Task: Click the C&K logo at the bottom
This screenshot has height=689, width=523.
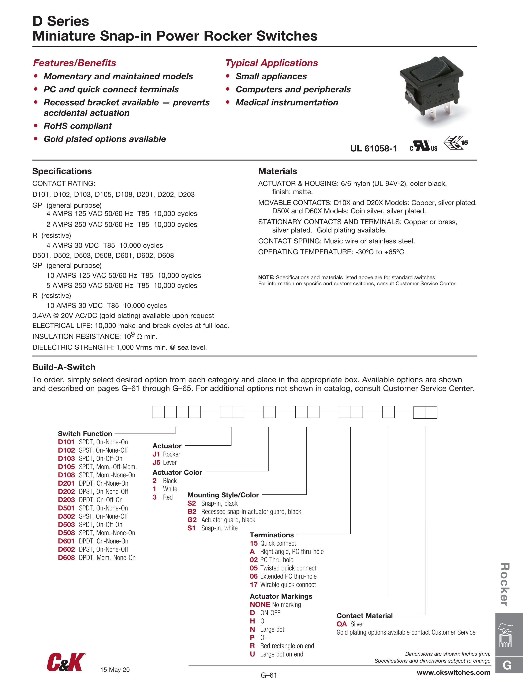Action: tap(66, 662)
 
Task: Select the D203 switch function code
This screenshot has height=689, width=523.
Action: tap(66, 500)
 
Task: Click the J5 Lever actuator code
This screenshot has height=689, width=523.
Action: tap(156, 462)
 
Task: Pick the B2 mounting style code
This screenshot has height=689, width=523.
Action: tap(192, 511)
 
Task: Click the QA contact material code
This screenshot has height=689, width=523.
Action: tap(342, 624)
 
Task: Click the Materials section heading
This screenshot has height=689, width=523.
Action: tap(277, 171)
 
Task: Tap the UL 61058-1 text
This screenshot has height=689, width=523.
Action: tap(373, 148)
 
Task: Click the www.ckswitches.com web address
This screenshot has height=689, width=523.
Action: tap(453, 673)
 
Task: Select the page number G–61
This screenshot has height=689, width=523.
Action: tap(269, 675)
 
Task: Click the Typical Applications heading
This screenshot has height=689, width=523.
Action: tap(271, 63)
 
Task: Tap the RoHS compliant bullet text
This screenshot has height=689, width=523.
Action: tap(78, 126)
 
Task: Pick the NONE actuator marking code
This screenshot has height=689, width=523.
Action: tap(260, 605)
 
